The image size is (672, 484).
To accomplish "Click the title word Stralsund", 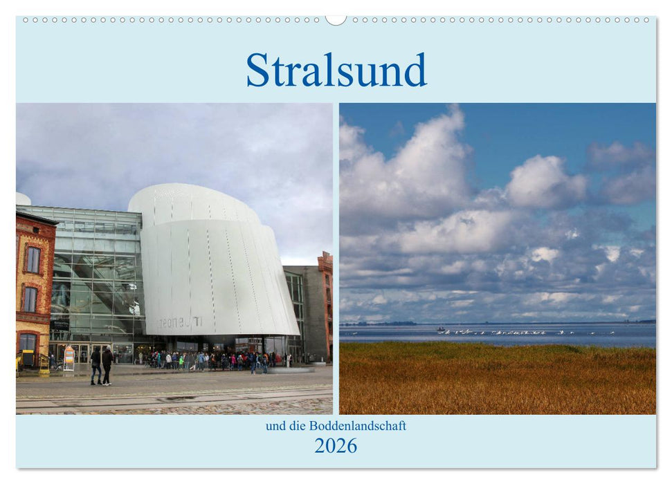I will click(336, 71).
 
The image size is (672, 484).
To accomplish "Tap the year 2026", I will click(336, 446).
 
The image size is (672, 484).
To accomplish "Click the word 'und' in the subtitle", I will click(274, 426).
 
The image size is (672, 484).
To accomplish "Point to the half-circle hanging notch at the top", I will click(336, 20).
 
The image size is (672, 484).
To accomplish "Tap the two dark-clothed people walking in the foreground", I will click(101, 365).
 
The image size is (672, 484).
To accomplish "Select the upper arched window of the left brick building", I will click(33, 259).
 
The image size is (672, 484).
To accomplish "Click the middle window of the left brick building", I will click(30, 299).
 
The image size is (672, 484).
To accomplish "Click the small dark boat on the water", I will click(441, 328).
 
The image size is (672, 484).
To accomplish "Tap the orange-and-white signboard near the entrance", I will click(69, 359).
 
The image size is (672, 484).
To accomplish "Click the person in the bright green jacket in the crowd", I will click(181, 360).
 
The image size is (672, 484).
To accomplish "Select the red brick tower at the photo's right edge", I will click(325, 304).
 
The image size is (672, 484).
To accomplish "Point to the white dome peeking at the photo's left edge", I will click(23, 199).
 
